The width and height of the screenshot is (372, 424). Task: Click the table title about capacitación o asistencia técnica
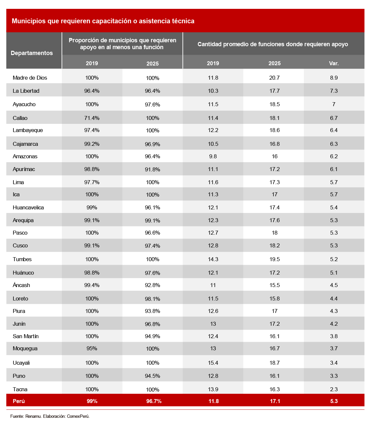[x=103, y=21]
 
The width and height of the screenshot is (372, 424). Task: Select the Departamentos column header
[x=32, y=53]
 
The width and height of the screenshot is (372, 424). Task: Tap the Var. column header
[x=334, y=63]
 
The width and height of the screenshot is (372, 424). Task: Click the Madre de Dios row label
[x=30, y=78]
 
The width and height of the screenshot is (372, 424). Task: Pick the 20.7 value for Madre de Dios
[x=274, y=78]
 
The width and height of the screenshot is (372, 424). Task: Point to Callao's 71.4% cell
[x=92, y=118]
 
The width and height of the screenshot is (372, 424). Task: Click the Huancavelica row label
[x=28, y=207]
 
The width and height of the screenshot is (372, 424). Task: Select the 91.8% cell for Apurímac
[x=153, y=169]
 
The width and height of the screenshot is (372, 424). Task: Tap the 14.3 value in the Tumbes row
[x=213, y=259]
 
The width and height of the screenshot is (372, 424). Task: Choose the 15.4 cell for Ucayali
[x=213, y=363]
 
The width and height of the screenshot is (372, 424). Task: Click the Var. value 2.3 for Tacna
[x=334, y=389]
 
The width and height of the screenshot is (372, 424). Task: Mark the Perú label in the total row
[x=19, y=401]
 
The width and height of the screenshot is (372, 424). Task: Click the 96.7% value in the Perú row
[x=154, y=401]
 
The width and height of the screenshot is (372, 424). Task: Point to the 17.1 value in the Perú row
[x=275, y=401]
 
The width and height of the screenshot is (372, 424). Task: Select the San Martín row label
[x=26, y=336]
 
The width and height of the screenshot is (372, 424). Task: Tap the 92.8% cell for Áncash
[x=153, y=285]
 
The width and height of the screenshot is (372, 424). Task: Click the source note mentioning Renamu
[x=50, y=416]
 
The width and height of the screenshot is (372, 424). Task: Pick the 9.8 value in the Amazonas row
[x=213, y=156]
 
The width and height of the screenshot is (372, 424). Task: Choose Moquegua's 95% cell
[x=92, y=348]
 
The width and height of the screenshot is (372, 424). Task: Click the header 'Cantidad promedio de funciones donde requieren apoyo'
[x=273, y=44]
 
